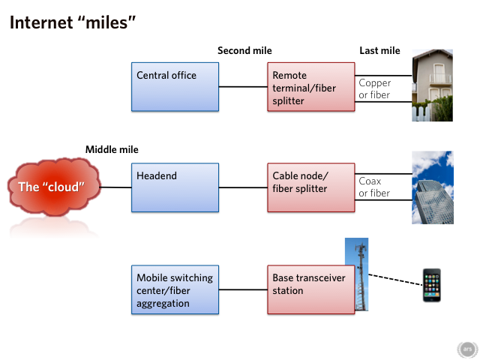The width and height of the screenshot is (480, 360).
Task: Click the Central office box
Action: [175, 87]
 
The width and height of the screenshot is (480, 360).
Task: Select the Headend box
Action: [175, 187]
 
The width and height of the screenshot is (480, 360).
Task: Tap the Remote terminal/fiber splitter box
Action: [311, 87]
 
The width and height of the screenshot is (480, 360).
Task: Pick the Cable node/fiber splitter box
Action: [311, 187]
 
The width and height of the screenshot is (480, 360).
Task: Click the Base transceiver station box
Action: [311, 289]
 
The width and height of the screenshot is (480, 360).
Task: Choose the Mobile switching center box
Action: [175, 289]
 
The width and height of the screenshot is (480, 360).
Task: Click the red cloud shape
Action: [54, 187]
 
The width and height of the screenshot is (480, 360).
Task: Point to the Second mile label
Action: [244, 50]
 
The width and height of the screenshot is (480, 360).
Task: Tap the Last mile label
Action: [379, 50]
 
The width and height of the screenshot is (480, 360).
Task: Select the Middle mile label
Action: [112, 149]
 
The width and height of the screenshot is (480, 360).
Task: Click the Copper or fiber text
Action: [375, 88]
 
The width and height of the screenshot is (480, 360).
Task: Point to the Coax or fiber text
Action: [374, 187]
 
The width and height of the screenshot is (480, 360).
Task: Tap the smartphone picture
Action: [432, 285]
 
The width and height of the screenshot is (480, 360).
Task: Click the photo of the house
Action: [432, 85]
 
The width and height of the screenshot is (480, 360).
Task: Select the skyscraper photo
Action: [433, 187]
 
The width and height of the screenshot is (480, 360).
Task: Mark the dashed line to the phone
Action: [395, 280]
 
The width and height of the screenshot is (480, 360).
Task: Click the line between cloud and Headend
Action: [115, 187]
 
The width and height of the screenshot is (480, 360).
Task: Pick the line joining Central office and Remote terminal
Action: [243, 87]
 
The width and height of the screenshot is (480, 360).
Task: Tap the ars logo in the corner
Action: [467, 349]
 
